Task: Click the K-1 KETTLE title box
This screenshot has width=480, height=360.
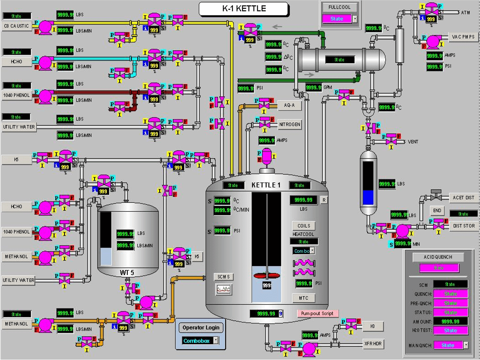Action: (243, 9)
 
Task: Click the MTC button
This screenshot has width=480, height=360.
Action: (304, 298)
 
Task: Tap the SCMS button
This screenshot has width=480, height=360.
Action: (224, 277)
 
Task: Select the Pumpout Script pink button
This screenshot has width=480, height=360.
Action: (317, 313)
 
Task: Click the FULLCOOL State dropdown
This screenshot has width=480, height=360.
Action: (339, 19)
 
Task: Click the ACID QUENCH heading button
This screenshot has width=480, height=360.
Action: (438, 257)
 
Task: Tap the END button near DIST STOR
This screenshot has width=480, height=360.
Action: (437, 211)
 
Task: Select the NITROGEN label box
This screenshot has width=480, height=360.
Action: (290, 125)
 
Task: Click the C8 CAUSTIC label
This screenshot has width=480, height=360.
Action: (16, 26)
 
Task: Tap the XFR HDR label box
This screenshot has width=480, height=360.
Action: (373, 344)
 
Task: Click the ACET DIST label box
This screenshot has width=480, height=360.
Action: (463, 197)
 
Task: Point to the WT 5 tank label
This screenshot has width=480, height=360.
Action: (127, 273)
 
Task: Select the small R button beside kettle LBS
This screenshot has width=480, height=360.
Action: (324, 199)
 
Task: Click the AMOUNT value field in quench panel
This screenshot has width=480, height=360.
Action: (450, 322)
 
